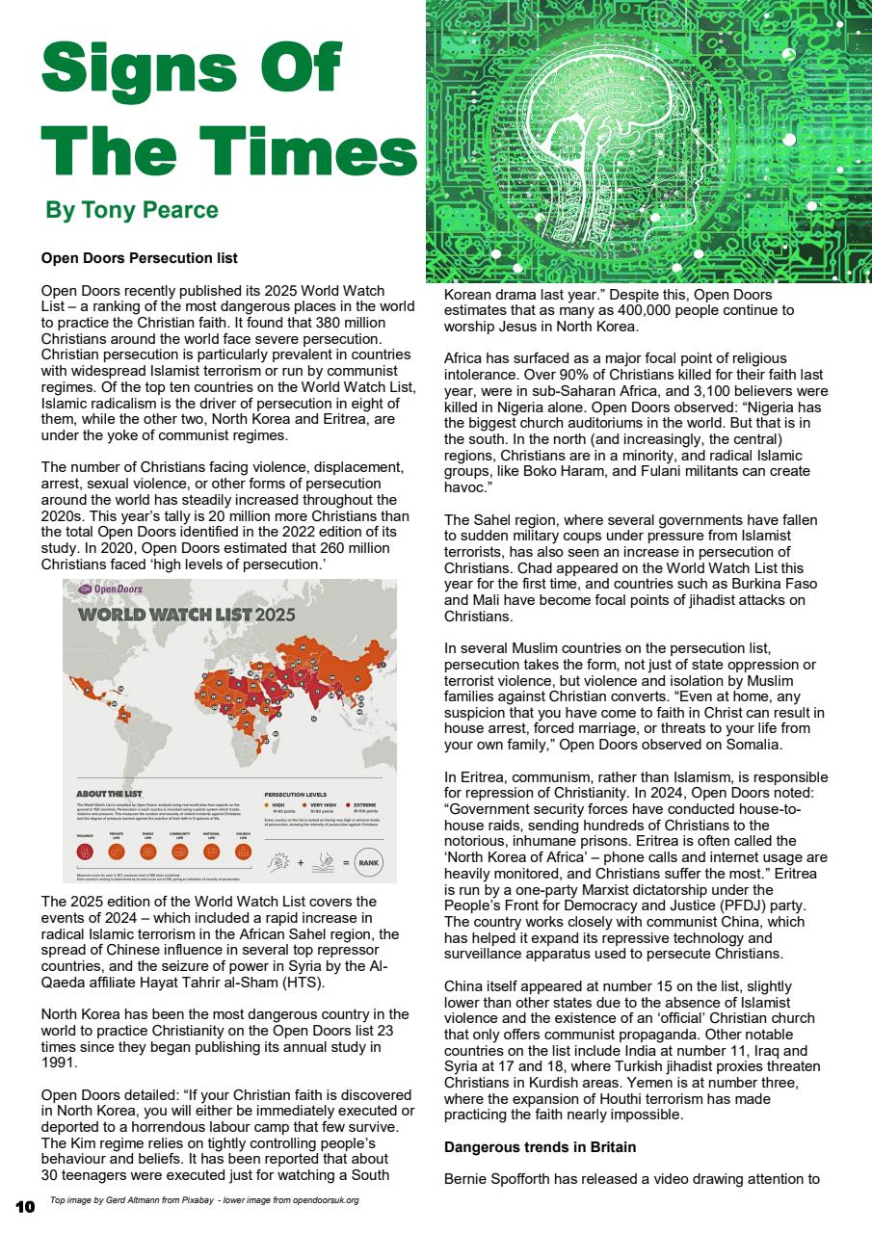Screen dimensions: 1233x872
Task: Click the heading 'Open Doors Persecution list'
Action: (x=139, y=258)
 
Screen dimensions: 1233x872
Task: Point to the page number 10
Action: (x=25, y=1206)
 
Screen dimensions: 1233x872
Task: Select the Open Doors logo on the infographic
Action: (x=111, y=590)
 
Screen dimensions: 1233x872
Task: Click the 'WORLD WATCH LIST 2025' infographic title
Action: (x=187, y=615)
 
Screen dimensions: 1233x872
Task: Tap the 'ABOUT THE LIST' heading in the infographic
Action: (x=109, y=794)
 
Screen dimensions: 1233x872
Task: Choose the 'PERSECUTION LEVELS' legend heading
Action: (x=295, y=795)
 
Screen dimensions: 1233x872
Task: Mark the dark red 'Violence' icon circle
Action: (x=85, y=852)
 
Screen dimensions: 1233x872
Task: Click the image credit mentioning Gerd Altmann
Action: (x=204, y=1200)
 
